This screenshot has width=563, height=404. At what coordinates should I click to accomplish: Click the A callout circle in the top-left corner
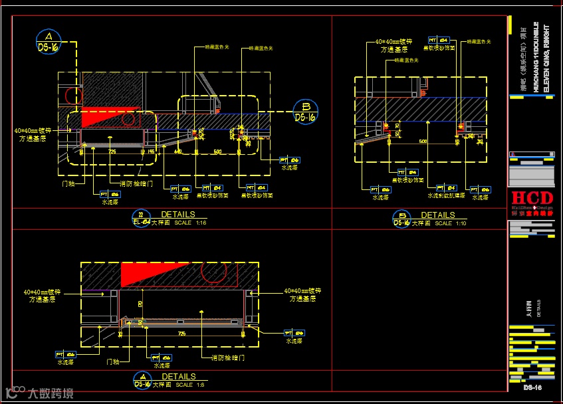(49, 41)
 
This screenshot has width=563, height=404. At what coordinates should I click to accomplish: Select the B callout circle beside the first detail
(306, 112)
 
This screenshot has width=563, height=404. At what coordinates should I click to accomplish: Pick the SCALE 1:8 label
(184, 385)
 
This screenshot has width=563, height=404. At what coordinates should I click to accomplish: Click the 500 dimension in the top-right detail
(423, 142)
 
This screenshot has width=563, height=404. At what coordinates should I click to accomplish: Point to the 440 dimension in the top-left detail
(178, 152)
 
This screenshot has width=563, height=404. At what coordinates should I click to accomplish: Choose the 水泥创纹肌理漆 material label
(447, 196)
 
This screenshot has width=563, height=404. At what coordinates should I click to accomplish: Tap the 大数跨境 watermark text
(51, 393)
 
